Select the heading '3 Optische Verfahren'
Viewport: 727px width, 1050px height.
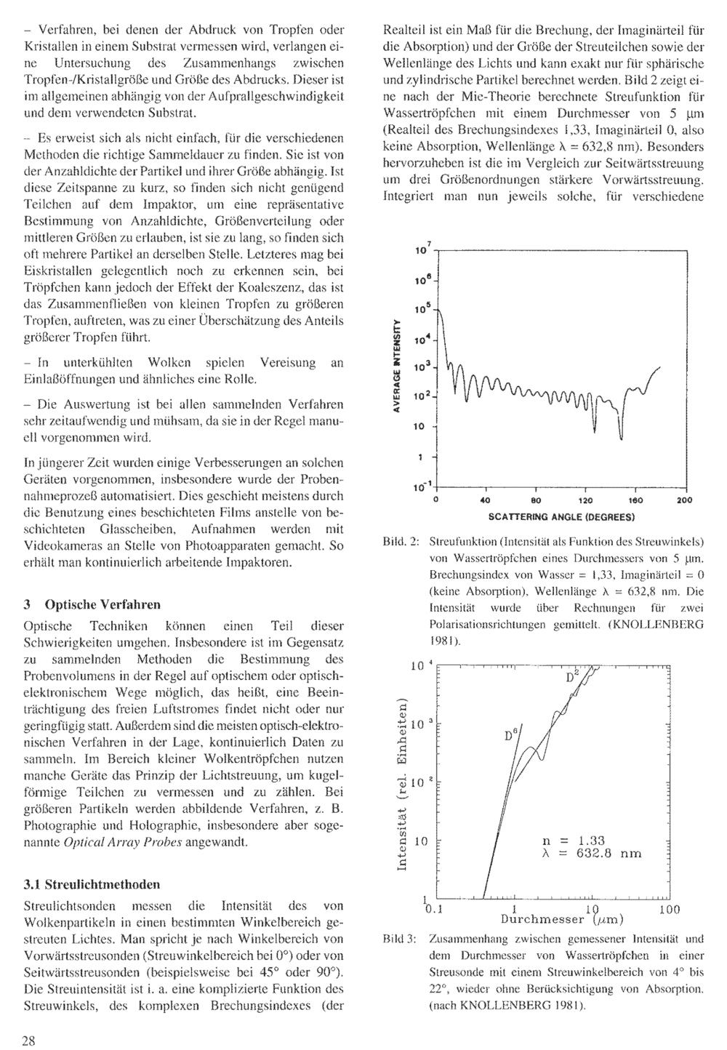92,604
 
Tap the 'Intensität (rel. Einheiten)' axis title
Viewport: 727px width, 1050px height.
401,782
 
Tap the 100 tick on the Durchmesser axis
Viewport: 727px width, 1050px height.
669,909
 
